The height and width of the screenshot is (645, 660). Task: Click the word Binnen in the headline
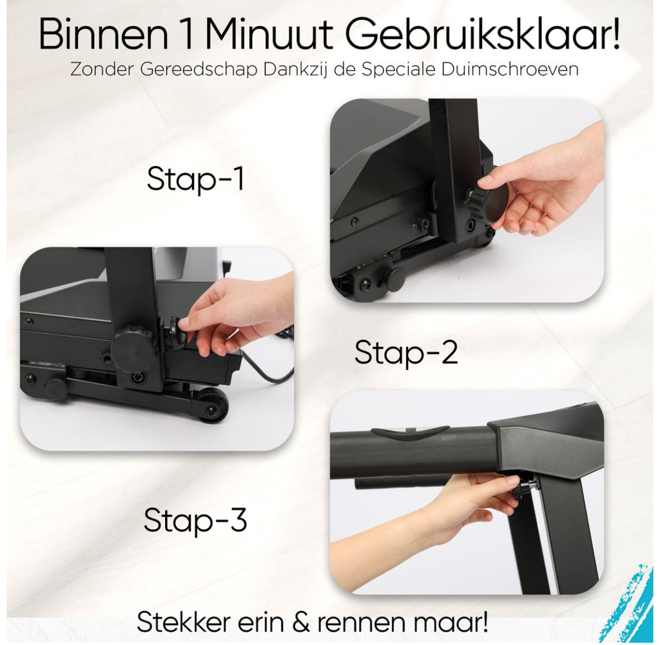103,35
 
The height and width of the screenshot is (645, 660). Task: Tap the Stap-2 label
406,353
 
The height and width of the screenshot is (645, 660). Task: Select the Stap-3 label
195,521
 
